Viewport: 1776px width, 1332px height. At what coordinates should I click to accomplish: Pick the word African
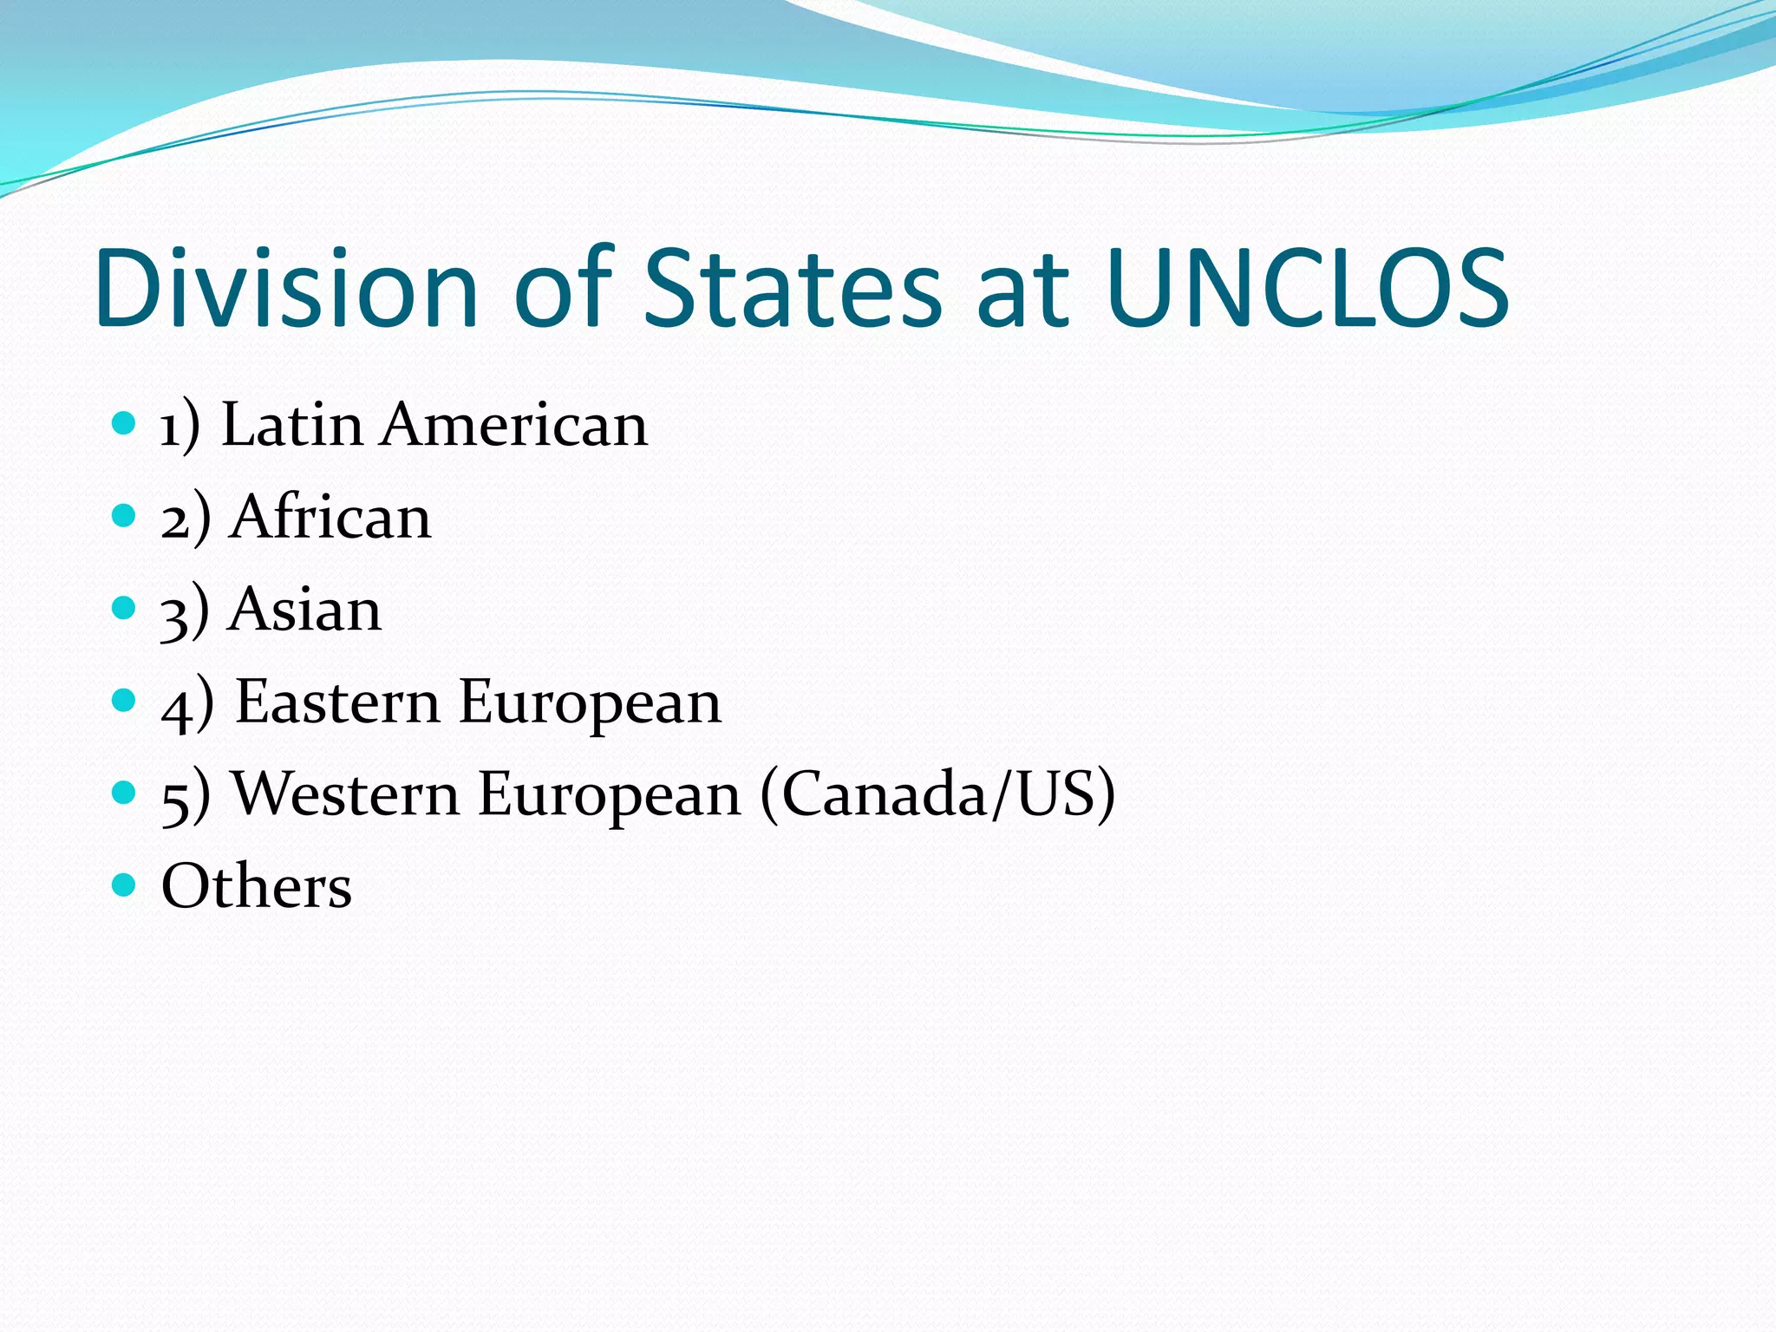(x=330, y=518)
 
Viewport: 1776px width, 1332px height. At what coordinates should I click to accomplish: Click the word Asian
(x=305, y=610)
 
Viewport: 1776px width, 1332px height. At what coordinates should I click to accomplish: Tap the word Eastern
(x=337, y=702)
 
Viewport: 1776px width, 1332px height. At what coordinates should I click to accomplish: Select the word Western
(x=346, y=793)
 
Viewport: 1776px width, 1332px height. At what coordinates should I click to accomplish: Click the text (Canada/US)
(x=937, y=793)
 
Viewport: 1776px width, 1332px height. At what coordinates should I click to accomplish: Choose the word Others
(x=257, y=886)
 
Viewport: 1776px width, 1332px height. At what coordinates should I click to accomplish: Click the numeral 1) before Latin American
(x=180, y=427)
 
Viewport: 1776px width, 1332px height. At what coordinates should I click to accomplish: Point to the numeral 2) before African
(x=185, y=519)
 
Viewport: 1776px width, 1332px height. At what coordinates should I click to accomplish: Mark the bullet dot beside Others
(x=125, y=885)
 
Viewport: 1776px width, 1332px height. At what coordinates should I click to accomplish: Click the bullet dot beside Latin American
(x=125, y=423)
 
